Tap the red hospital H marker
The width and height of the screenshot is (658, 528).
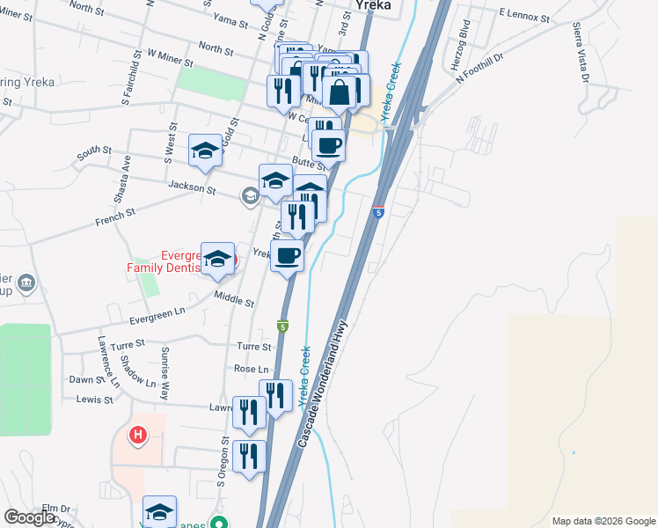138,435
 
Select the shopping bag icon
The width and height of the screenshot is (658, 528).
339,91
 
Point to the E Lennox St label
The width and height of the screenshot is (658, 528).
523,16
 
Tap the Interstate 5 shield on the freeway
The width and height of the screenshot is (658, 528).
378,212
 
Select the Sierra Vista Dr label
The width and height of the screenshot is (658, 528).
581,52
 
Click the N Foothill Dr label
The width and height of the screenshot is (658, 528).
479,68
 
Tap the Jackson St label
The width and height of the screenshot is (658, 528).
192,188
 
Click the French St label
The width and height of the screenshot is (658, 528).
117,212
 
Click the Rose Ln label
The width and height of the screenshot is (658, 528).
252,369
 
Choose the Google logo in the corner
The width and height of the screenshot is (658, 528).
29,517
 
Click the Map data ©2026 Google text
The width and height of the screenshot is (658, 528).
603,521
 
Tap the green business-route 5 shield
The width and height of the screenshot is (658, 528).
283,326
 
